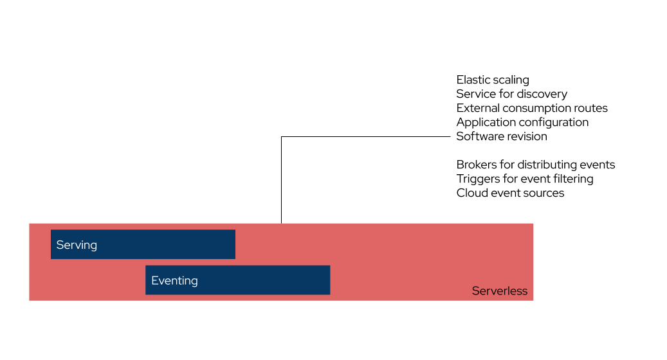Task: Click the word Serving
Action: [x=77, y=245]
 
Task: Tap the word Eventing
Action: [x=174, y=280]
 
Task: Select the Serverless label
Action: [x=500, y=291]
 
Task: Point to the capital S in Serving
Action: [x=60, y=245]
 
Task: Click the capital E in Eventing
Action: [x=154, y=280]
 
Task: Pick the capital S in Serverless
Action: [x=476, y=291]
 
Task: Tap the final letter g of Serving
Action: [x=93, y=246]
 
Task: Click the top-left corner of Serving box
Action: [x=51, y=230]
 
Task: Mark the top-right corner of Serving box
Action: [x=235, y=230]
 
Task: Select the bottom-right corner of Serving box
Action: [x=235, y=258]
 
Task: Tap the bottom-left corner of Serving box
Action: [x=51, y=258]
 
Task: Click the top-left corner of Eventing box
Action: [x=146, y=265]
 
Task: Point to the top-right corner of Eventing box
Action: [x=329, y=265]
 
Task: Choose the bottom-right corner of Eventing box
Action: [x=329, y=294]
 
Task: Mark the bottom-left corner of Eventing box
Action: [x=146, y=294]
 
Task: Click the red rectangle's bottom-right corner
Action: [x=533, y=300]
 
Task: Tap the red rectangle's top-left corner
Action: [x=30, y=224]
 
